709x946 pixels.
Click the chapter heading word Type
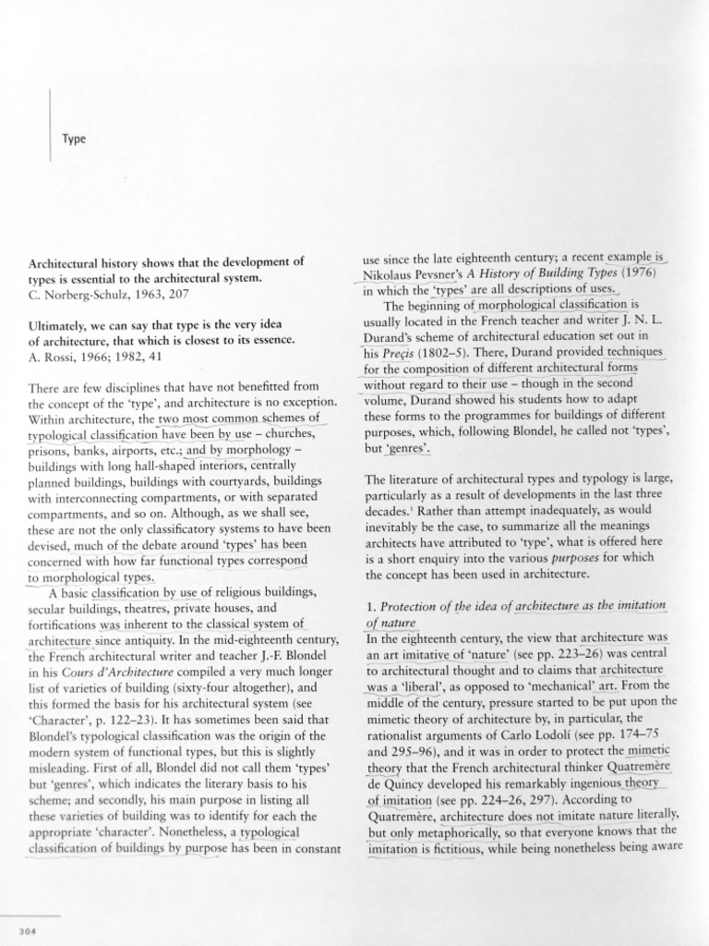[73, 139]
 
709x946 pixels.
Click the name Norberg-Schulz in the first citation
[84, 296]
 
